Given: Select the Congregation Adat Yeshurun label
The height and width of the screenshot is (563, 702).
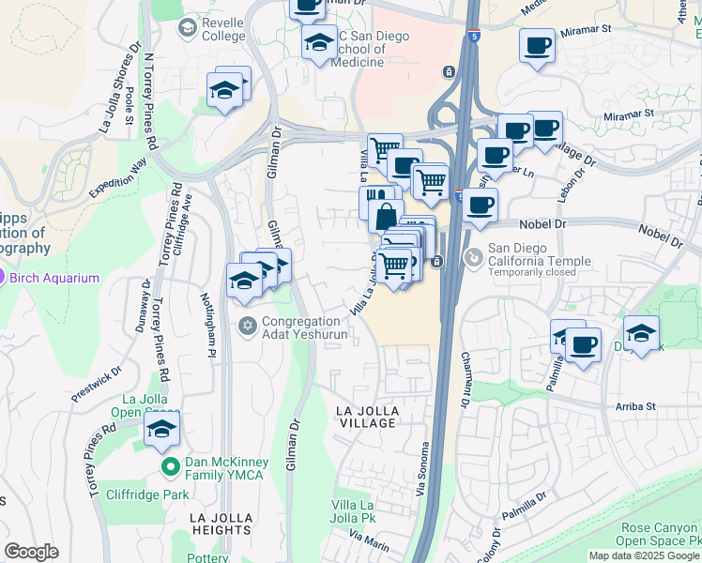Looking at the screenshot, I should pyautogui.click(x=305, y=327).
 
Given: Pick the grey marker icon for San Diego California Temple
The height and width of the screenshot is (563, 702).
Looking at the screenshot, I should pyautogui.click(x=475, y=255).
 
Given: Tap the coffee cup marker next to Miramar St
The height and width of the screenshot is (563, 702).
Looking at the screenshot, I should pyautogui.click(x=538, y=46).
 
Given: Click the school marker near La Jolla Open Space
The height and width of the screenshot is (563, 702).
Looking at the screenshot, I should pyautogui.click(x=162, y=431).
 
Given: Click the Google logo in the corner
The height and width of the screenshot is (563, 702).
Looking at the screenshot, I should pyautogui.click(x=31, y=552).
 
